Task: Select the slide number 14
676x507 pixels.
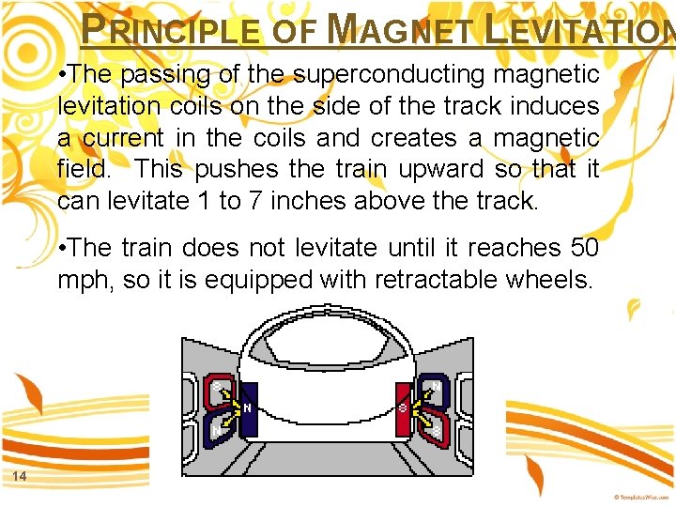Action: point(19,477)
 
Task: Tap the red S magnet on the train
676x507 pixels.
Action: point(404,408)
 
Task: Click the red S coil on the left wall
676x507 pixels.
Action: point(218,392)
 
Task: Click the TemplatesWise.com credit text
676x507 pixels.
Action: point(642,496)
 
